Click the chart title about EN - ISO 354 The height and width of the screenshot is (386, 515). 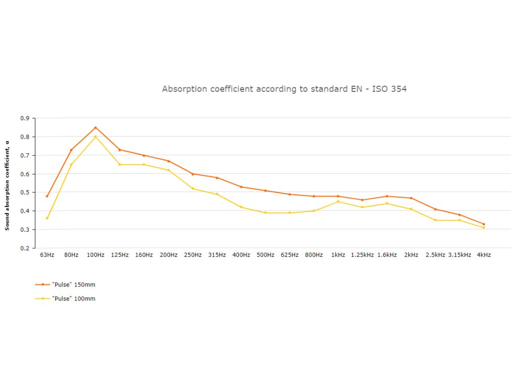(x=284, y=89)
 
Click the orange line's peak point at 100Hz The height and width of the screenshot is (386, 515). (x=96, y=127)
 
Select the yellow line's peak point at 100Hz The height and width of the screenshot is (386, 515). (x=96, y=137)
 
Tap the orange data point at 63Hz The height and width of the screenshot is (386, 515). (x=47, y=196)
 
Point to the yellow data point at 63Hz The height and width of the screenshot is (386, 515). (x=47, y=218)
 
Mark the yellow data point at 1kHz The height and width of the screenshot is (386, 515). (x=338, y=202)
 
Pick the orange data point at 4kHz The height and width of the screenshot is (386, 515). (x=484, y=224)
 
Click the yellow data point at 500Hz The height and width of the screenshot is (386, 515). (x=265, y=213)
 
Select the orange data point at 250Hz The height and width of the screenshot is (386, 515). (x=193, y=174)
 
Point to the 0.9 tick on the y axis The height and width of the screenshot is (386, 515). (x=25, y=118)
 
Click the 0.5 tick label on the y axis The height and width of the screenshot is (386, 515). (x=25, y=192)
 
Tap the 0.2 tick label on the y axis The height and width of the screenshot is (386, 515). (x=25, y=248)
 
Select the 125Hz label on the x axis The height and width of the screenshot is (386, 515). (x=120, y=255)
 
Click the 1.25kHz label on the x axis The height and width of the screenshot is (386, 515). (x=362, y=255)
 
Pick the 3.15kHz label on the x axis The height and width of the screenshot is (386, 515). (x=460, y=255)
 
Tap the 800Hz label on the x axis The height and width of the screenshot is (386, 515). (x=314, y=255)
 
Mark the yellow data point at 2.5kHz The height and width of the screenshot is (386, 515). (x=435, y=220)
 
